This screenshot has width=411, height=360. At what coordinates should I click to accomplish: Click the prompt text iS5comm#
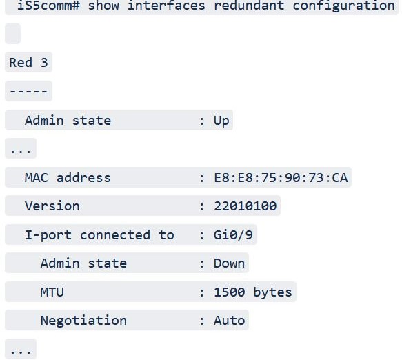point(48,6)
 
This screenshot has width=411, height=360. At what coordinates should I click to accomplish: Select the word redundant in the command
point(249,6)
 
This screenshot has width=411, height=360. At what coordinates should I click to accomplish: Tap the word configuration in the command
point(343,6)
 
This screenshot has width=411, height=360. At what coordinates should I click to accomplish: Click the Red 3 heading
point(28,62)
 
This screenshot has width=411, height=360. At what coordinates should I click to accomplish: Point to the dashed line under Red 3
point(28,91)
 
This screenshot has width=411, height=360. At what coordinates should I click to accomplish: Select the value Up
point(221,121)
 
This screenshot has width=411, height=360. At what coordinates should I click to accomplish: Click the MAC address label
point(68,178)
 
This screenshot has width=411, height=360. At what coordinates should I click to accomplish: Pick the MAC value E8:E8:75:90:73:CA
point(281,178)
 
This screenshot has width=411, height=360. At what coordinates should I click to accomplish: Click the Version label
point(52,206)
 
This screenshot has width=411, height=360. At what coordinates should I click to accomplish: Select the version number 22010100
point(245,206)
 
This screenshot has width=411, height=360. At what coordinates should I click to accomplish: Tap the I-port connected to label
point(99,235)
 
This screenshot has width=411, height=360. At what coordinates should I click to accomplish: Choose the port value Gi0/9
point(233,234)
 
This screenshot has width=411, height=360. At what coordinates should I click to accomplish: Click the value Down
point(230,263)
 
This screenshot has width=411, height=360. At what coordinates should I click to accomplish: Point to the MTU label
point(52,292)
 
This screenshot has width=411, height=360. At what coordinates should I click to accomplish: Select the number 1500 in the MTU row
point(230,292)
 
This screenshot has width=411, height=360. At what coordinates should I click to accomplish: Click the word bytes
point(272,292)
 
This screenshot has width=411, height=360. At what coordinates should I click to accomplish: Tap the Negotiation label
point(83,321)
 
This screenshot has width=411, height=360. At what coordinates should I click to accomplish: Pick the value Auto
point(230,321)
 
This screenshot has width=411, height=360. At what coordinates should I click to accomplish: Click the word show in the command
point(103,6)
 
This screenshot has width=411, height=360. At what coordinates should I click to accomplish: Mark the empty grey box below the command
point(12,34)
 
